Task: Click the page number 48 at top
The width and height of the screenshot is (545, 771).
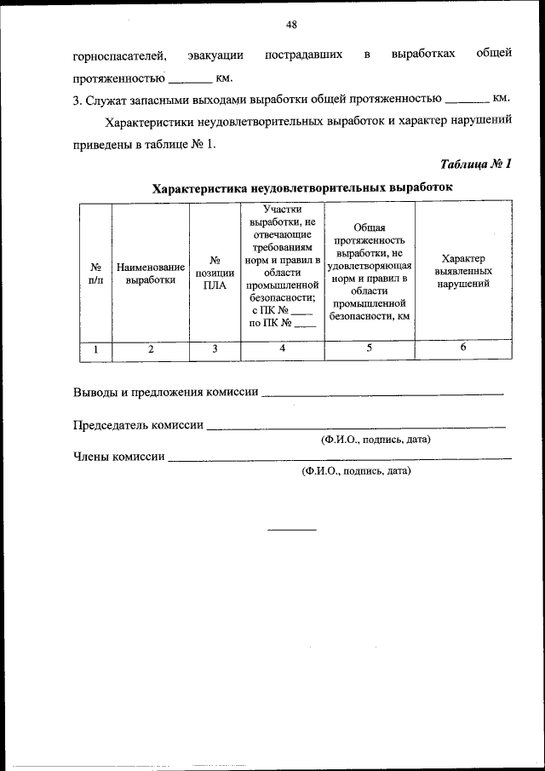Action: tap(291, 25)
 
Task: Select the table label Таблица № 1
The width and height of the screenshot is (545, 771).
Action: tap(476, 164)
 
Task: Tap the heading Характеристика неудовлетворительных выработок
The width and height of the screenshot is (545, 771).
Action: tap(302, 187)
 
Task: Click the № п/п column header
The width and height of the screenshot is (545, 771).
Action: tap(95, 271)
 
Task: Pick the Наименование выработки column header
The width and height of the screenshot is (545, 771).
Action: tap(151, 271)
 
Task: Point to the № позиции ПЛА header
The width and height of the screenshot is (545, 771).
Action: tap(215, 271)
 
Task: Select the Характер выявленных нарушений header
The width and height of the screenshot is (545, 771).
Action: tap(463, 271)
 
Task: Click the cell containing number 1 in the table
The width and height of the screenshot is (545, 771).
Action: tap(95, 348)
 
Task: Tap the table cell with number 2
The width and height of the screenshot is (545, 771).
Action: tap(151, 348)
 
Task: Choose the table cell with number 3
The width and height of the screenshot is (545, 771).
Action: tap(215, 348)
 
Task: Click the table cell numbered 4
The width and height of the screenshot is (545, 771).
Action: tap(282, 348)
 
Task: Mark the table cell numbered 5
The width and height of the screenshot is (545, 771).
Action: tap(369, 348)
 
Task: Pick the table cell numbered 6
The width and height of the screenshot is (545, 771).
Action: tap(463, 348)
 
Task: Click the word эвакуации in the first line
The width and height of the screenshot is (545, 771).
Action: tap(215, 56)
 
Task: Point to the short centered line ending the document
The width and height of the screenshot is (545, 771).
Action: tap(292, 530)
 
